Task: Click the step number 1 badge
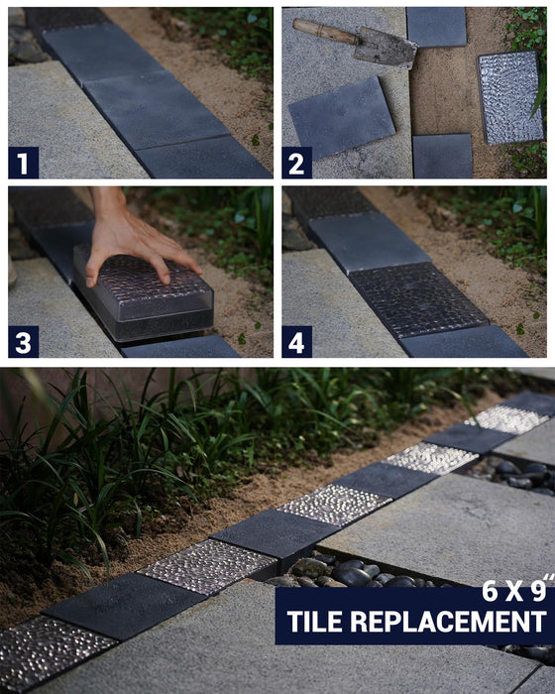tap(24, 163)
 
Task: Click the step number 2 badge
tap(297, 163)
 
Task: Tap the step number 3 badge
tap(24, 342)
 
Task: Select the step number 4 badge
tap(297, 342)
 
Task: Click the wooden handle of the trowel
tap(325, 31)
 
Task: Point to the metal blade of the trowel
tap(386, 47)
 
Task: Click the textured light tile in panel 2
tap(510, 97)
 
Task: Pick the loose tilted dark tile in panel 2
tap(341, 117)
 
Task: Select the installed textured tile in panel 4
tap(418, 300)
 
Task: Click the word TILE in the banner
tap(314, 622)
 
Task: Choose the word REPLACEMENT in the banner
tap(448, 622)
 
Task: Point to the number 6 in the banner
tap(490, 591)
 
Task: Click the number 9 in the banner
tap(538, 591)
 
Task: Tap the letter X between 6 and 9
tap(514, 591)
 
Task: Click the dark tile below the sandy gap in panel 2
tap(443, 156)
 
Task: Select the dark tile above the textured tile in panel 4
tap(369, 243)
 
